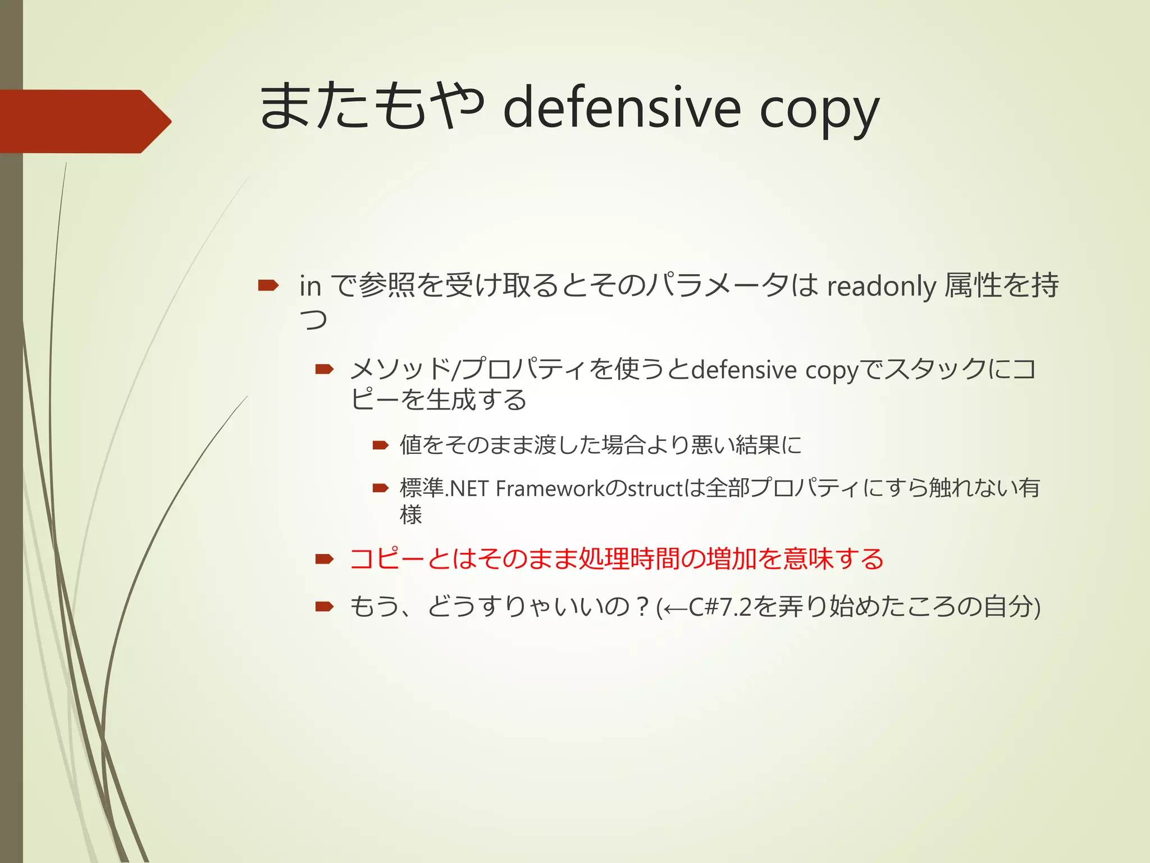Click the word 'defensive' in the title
(x=622, y=108)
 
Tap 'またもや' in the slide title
(x=371, y=106)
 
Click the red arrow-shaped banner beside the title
(x=84, y=121)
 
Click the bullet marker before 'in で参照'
(x=268, y=285)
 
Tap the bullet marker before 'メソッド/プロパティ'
(x=325, y=369)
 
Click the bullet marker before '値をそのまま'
(x=381, y=446)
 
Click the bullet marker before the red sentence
(x=325, y=559)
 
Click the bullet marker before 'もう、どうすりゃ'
(x=325, y=607)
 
